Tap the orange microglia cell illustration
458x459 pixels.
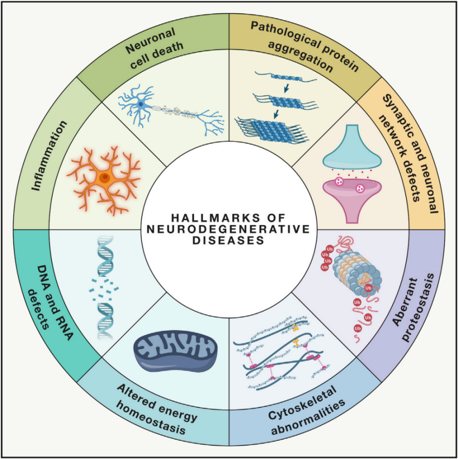pyautogui.click(x=104, y=177)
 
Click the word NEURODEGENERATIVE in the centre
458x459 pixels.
pyautogui.click(x=229, y=229)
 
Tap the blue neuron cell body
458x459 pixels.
pyautogui.click(x=140, y=103)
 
